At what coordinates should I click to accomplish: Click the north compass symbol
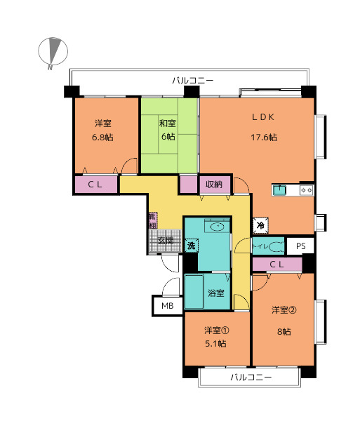(53, 53)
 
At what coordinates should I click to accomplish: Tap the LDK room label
(263, 117)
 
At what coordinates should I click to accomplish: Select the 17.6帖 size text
(264, 138)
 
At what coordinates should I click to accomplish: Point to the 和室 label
(168, 123)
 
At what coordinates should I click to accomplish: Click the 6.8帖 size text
(102, 138)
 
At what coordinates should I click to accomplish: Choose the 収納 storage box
(215, 185)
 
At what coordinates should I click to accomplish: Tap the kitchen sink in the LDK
(279, 190)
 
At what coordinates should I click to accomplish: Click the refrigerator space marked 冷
(260, 225)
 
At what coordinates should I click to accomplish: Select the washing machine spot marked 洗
(191, 246)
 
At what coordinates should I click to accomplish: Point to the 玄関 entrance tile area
(166, 241)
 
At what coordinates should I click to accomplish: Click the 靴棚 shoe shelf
(153, 221)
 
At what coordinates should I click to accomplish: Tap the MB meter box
(168, 305)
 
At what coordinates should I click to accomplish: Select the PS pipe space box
(300, 246)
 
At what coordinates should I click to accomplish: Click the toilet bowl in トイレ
(276, 246)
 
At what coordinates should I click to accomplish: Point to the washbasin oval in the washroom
(217, 227)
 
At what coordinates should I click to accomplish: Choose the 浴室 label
(216, 293)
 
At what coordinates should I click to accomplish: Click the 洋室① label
(216, 330)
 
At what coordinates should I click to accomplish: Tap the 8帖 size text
(284, 332)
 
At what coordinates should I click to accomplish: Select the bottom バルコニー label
(251, 377)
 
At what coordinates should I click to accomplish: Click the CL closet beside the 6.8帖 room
(96, 185)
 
